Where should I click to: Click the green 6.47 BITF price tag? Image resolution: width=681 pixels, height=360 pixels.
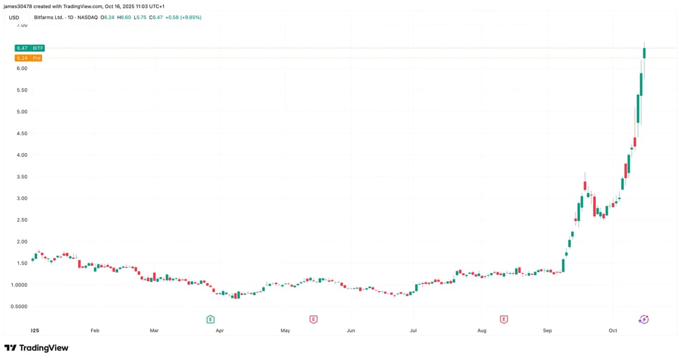tap(30, 48)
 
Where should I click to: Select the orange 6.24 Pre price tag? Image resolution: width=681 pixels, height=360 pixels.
tap(28, 58)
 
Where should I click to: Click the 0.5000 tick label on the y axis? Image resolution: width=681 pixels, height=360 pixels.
tap(20, 307)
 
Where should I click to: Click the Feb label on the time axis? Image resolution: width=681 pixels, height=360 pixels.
tap(95, 330)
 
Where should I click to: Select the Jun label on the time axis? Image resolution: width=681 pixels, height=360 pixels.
tap(351, 330)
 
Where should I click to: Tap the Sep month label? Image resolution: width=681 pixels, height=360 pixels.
tap(547, 330)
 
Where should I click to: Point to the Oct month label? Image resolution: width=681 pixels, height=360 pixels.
tap(612, 330)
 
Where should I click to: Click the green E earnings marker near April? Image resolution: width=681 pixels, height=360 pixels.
tap(211, 320)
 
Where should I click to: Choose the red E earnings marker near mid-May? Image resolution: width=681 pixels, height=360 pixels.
tap(313, 320)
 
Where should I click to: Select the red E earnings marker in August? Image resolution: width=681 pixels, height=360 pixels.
tap(503, 320)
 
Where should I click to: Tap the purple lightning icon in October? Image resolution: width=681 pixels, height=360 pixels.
tap(644, 320)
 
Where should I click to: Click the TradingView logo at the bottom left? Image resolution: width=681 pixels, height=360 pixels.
tap(36, 348)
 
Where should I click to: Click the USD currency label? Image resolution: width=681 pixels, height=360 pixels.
tap(15, 18)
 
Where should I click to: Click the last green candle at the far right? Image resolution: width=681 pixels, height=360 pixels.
tap(645, 53)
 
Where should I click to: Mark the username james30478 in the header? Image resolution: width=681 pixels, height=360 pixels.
tap(20, 6)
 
